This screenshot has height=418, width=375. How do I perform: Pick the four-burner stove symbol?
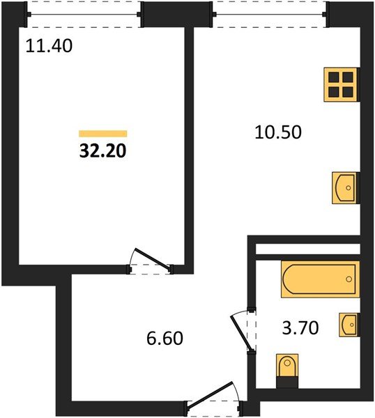click(342, 84)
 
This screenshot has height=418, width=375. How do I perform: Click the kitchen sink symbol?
click(344, 187)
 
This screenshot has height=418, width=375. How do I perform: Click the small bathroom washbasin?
click(349, 325)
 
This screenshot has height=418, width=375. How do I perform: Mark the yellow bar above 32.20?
click(103, 133)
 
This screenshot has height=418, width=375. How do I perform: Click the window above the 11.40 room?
click(85, 13)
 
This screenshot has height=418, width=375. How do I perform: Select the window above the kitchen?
click(269, 13)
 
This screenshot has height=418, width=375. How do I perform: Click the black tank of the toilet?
click(286, 380)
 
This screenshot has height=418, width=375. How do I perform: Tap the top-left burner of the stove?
click(335, 77)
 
